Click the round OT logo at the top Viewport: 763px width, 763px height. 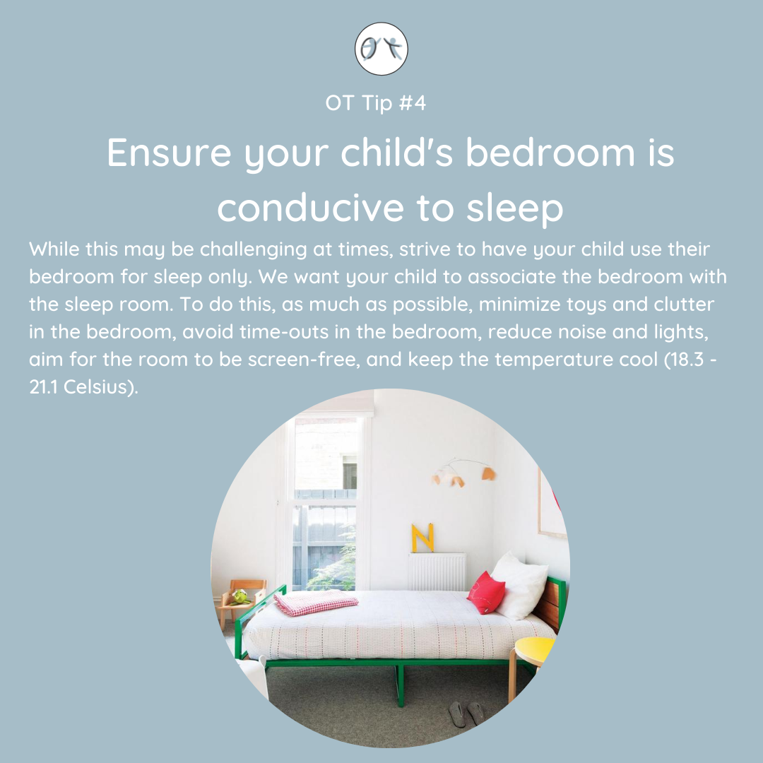tap(381, 49)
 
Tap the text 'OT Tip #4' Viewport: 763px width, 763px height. tap(375, 102)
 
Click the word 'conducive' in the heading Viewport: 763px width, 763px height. tap(310, 208)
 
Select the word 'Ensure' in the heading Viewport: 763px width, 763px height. tap(169, 153)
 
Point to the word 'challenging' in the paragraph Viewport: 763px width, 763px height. tap(253, 249)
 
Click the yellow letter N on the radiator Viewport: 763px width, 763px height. tap(422, 538)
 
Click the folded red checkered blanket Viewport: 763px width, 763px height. tap(315, 602)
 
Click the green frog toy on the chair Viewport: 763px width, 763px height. tap(240, 596)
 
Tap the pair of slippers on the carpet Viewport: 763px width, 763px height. tap(465, 714)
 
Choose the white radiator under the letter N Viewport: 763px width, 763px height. tap(437, 572)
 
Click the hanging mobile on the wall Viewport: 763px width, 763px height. tap(463, 471)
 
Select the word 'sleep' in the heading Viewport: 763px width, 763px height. tap(514, 209)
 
